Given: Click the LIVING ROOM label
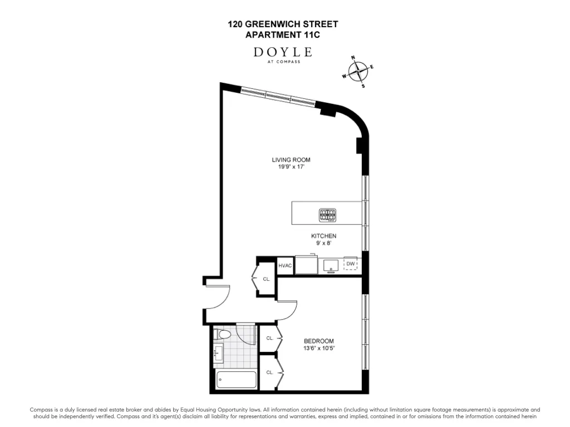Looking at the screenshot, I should [291, 160].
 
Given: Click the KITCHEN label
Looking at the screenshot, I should [323, 236].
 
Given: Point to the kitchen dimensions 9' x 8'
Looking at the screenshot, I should [323, 243].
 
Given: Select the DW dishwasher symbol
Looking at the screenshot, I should [350, 264].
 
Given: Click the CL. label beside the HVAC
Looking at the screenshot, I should [267, 279].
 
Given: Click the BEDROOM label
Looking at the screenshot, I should [318, 341].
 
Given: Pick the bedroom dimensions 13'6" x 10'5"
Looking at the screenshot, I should [318, 349].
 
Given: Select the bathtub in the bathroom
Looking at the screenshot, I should [237, 381].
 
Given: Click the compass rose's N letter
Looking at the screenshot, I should [352, 58].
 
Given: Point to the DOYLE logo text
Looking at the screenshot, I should [282, 52].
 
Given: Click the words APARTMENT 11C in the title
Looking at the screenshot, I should [283, 34].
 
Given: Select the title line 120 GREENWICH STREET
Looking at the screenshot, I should [283, 24].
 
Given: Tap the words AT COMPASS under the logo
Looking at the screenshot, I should [283, 62].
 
